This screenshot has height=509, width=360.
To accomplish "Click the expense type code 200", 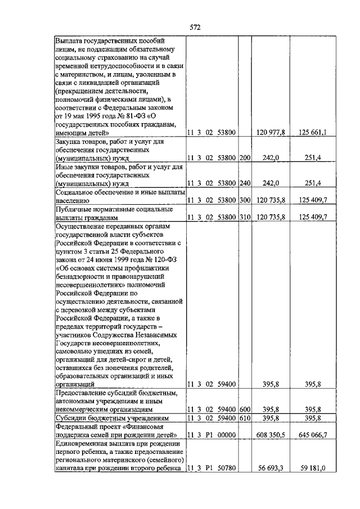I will (x=245, y=157).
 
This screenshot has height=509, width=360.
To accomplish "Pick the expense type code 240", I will (x=245, y=183).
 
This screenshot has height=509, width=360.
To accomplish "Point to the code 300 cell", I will (x=245, y=200).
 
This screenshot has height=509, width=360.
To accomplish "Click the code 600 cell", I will (x=245, y=409).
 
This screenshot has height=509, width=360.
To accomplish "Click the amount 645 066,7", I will (x=317, y=435).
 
